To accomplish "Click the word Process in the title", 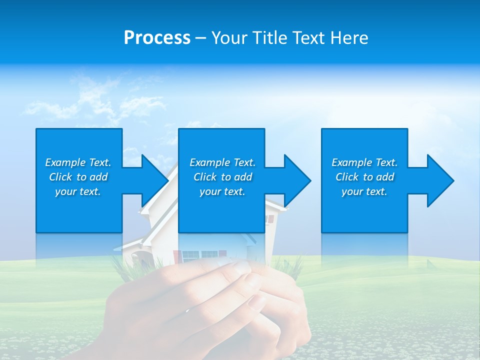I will (x=157, y=38).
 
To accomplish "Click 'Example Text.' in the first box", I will (x=78, y=162).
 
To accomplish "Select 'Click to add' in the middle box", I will (x=222, y=177).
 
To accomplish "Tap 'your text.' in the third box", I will (x=364, y=191).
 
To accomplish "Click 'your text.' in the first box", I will (x=78, y=191).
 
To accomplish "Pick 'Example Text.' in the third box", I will (x=364, y=162).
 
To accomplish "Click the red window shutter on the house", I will (x=271, y=218).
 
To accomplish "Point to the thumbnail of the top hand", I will (x=242, y=268).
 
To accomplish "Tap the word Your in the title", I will (x=230, y=38).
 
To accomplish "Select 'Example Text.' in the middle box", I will (x=222, y=162).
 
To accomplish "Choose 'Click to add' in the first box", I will (x=78, y=177).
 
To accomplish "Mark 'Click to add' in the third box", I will (x=364, y=177).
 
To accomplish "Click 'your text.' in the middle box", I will (x=222, y=191).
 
